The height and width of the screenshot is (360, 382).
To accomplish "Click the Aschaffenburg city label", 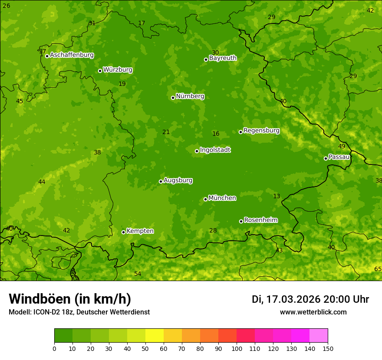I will click(72, 55).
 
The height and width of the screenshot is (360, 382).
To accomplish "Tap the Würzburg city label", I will click(118, 70).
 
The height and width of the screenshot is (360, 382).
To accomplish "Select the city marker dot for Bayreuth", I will click(206, 59).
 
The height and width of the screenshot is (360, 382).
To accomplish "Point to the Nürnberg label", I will click(190, 96).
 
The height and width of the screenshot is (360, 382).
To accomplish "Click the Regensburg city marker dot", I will click(240, 132).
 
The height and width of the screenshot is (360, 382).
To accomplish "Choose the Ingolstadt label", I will click(215, 150).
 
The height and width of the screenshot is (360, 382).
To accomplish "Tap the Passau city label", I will click(339, 157).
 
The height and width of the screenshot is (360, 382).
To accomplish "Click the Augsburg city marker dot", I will click(161, 181).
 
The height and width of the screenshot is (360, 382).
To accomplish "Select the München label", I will click(222, 198).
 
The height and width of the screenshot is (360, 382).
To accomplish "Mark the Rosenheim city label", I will click(261, 220).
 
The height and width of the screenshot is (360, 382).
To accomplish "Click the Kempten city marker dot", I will click(123, 232).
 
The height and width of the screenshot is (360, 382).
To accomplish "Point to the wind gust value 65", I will click(378, 269).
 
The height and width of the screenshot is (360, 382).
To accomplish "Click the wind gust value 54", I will click(138, 274).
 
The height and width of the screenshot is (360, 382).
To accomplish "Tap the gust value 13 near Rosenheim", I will click(277, 196).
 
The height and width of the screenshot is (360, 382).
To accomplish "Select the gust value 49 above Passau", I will click(342, 147).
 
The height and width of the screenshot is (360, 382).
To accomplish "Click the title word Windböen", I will click(40, 299).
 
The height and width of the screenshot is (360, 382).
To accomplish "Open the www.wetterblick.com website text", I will click(313, 312).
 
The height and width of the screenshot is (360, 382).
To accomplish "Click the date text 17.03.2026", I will click(293, 299).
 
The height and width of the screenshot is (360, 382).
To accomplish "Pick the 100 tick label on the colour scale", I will click(237, 348).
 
